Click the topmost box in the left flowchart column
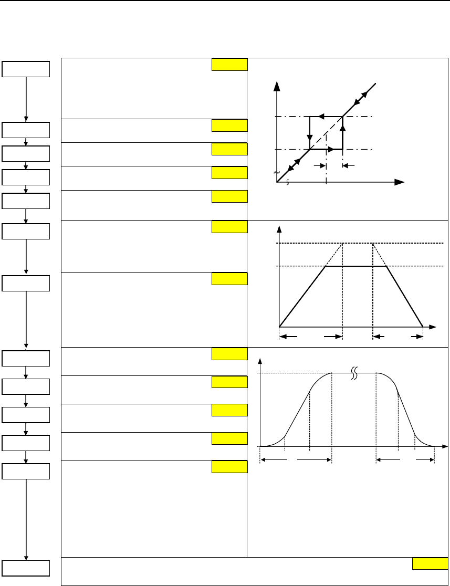point(26,69)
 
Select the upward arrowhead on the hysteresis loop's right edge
point(342,126)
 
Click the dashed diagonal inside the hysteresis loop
point(326,133)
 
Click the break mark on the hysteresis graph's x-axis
point(287,182)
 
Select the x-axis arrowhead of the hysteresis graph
point(400,182)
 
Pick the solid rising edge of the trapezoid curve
point(302,297)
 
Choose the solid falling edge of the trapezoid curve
point(404,296)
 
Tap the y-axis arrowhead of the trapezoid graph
point(279,229)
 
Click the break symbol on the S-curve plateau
point(354,373)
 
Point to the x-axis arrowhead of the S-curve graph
point(444,446)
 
